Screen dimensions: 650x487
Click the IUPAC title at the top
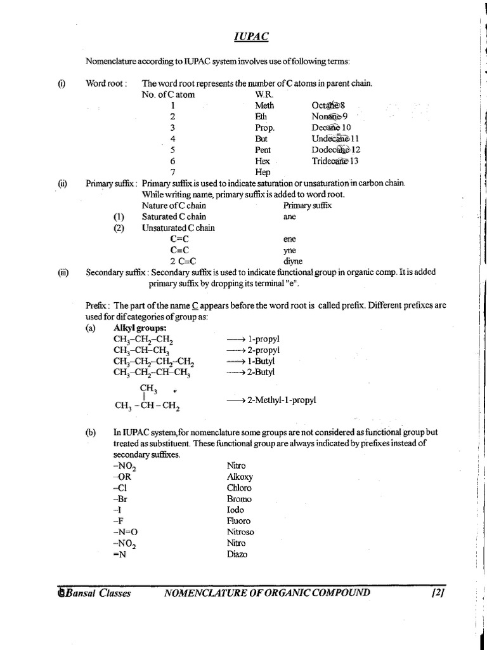tap(250, 37)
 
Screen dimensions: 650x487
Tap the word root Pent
tap(263, 150)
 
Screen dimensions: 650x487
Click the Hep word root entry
tap(262, 172)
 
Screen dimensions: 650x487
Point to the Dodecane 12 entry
tap(336, 150)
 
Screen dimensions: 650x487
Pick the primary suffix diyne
tap(292, 261)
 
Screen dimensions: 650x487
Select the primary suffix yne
tap(289, 250)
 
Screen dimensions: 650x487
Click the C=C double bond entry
tap(180, 239)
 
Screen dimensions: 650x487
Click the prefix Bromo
tap(239, 499)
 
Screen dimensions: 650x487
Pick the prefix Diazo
tap(237, 554)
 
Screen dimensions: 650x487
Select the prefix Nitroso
tap(240, 532)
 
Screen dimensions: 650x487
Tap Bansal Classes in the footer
tap(94, 594)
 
